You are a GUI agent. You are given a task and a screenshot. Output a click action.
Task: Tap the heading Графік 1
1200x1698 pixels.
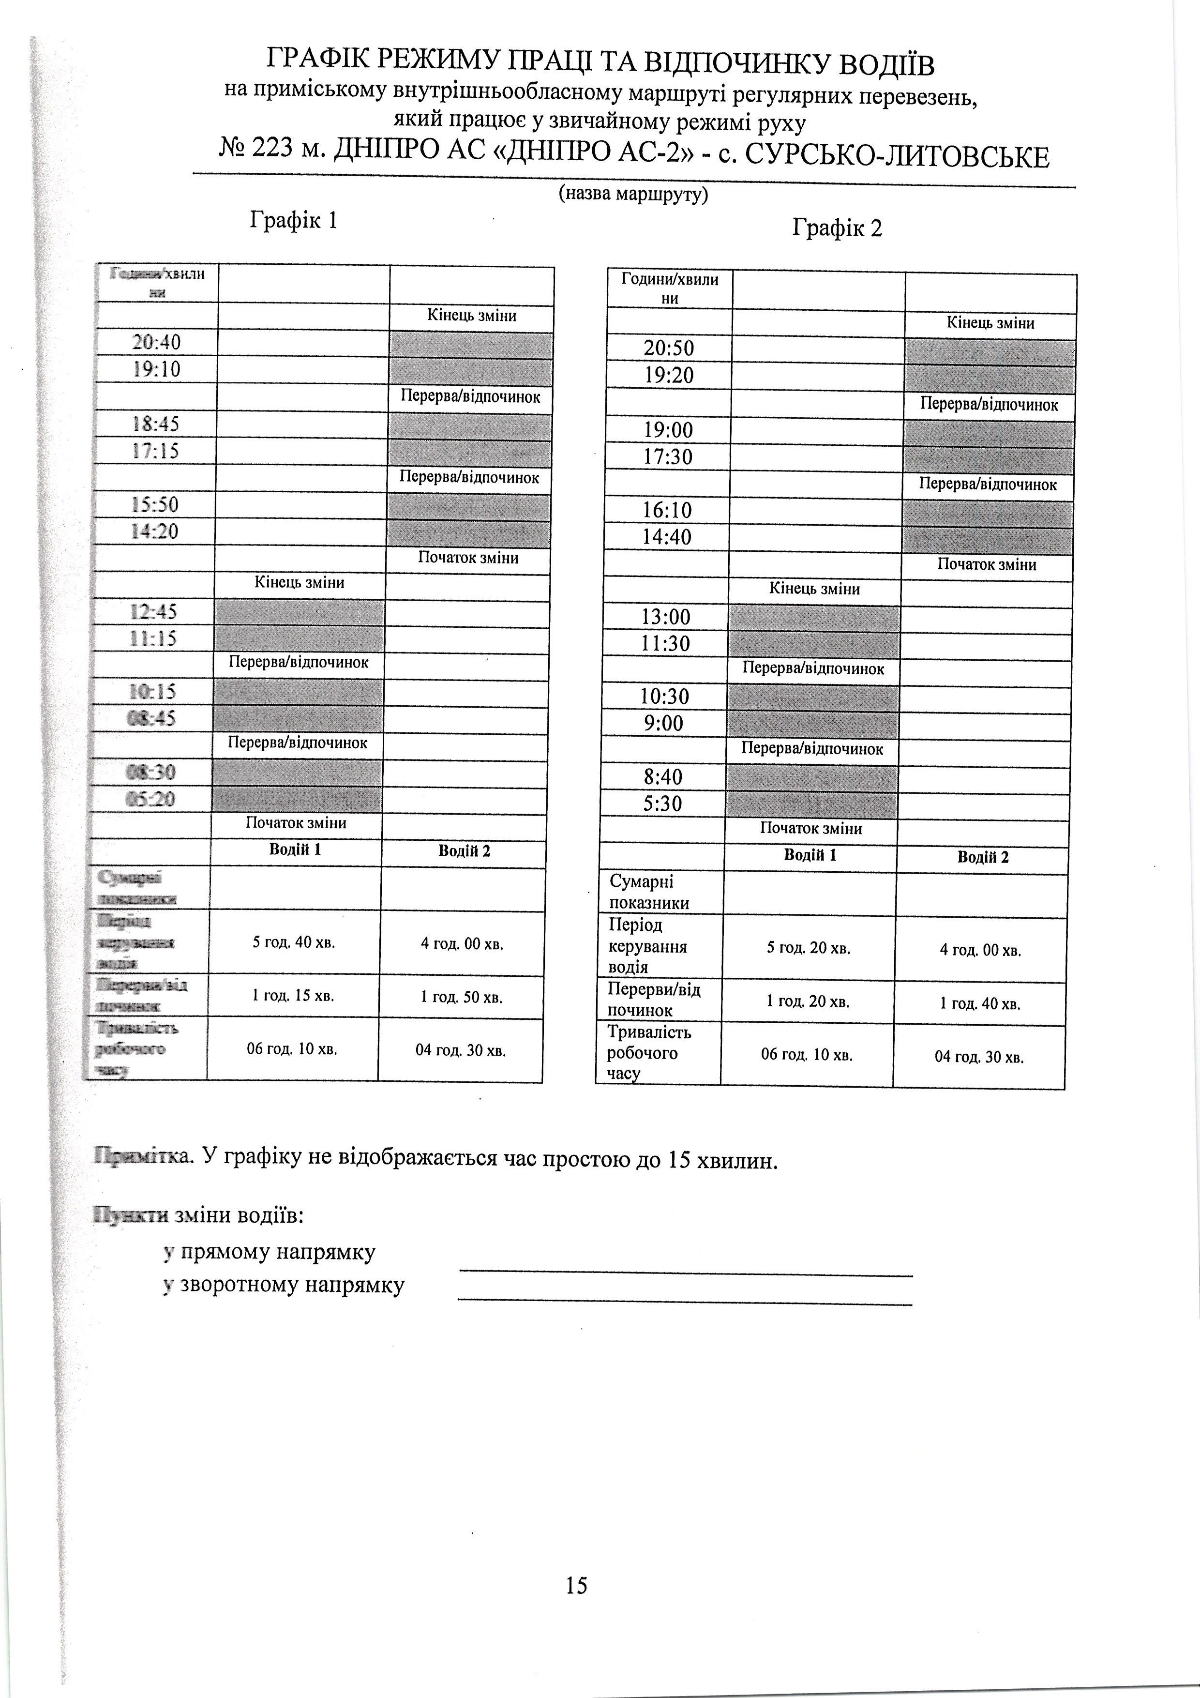click(x=294, y=220)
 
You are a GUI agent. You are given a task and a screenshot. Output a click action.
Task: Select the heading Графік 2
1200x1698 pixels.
click(x=837, y=228)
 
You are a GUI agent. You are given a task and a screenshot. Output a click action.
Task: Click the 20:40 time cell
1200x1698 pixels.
click(x=156, y=342)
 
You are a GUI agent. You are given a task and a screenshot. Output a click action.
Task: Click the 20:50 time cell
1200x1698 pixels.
click(x=669, y=349)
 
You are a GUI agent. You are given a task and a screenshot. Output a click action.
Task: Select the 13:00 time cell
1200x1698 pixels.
click(x=665, y=617)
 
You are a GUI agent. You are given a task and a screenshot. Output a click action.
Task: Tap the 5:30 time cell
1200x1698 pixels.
click(x=662, y=804)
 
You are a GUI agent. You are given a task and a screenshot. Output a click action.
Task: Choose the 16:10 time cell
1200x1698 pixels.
click(x=667, y=510)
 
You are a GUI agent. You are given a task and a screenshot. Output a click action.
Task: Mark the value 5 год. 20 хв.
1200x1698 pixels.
click(x=808, y=949)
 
